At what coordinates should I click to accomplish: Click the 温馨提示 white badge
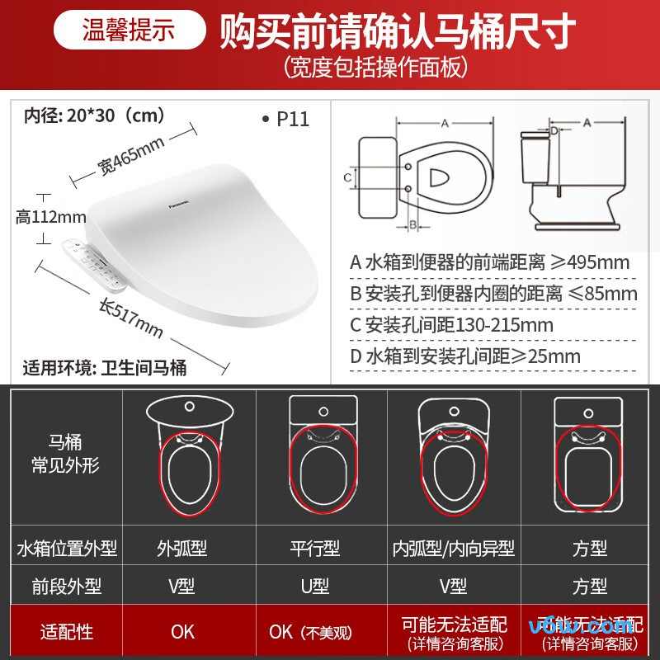[x=129, y=30]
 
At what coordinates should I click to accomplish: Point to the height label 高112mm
[x=51, y=217]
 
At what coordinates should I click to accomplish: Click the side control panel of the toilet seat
[x=92, y=262]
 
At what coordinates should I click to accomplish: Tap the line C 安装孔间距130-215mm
[x=451, y=324]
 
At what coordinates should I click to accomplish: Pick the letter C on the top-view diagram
[x=348, y=177]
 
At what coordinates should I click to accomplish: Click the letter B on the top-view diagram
[x=412, y=224]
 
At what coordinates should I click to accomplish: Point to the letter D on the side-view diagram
[x=554, y=130]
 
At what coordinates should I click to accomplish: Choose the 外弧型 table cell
[x=182, y=547]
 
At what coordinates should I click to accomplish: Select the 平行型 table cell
[x=315, y=547]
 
